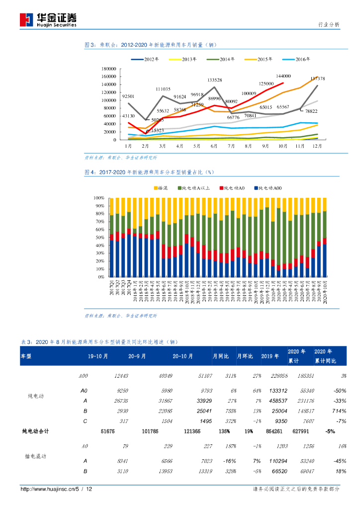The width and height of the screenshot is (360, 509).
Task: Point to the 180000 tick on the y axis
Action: coord(108,69)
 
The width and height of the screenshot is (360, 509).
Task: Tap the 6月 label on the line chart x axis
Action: coord(214,146)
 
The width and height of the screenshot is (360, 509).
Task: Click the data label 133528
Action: coord(214,80)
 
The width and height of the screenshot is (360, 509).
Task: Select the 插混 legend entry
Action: coord(162,188)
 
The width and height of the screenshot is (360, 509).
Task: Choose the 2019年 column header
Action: coord(270,356)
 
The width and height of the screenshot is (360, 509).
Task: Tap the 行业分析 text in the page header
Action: coord(328,24)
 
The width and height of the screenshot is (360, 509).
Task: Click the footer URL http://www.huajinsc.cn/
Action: coord(47,489)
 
